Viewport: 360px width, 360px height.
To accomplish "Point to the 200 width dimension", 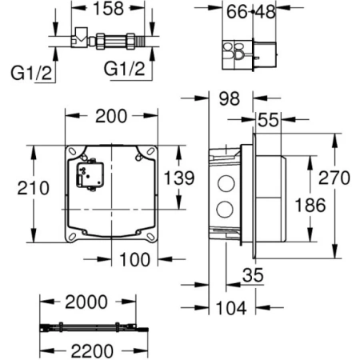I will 110,116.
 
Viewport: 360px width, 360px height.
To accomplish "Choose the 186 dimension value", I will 309,205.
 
